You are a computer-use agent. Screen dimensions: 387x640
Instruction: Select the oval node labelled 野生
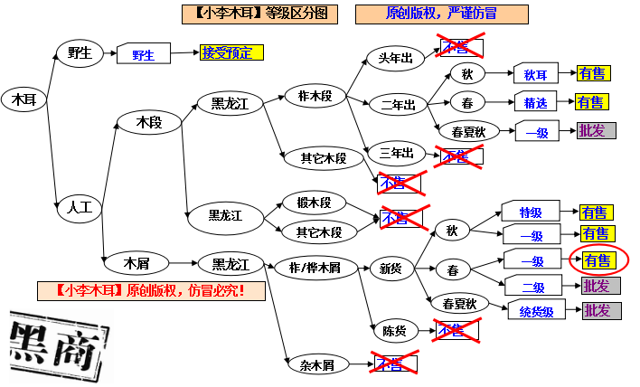pyautogui.click(x=80, y=52)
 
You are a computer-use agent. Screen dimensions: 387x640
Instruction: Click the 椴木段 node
pyautogui.click(x=307, y=203)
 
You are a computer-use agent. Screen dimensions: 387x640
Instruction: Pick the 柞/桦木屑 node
pyautogui.click(x=314, y=267)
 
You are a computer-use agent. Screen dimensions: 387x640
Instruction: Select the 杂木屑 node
pyautogui.click(x=317, y=364)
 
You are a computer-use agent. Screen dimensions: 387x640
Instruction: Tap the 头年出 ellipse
pyautogui.click(x=395, y=59)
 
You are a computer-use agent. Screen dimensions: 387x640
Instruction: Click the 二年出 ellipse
pyautogui.click(x=398, y=105)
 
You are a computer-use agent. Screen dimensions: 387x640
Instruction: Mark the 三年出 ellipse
pyautogui.click(x=396, y=152)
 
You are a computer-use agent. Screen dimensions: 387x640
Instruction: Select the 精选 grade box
pyautogui.click(x=536, y=103)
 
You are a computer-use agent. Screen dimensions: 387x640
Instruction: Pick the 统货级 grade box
pyautogui.click(x=536, y=311)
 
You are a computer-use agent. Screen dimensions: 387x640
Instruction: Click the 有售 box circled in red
pyautogui.click(x=598, y=260)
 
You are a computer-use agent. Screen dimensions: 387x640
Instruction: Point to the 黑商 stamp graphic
pyautogui.click(x=54, y=342)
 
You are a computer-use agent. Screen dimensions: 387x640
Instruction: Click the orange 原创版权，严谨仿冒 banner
pyautogui.click(x=440, y=14)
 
